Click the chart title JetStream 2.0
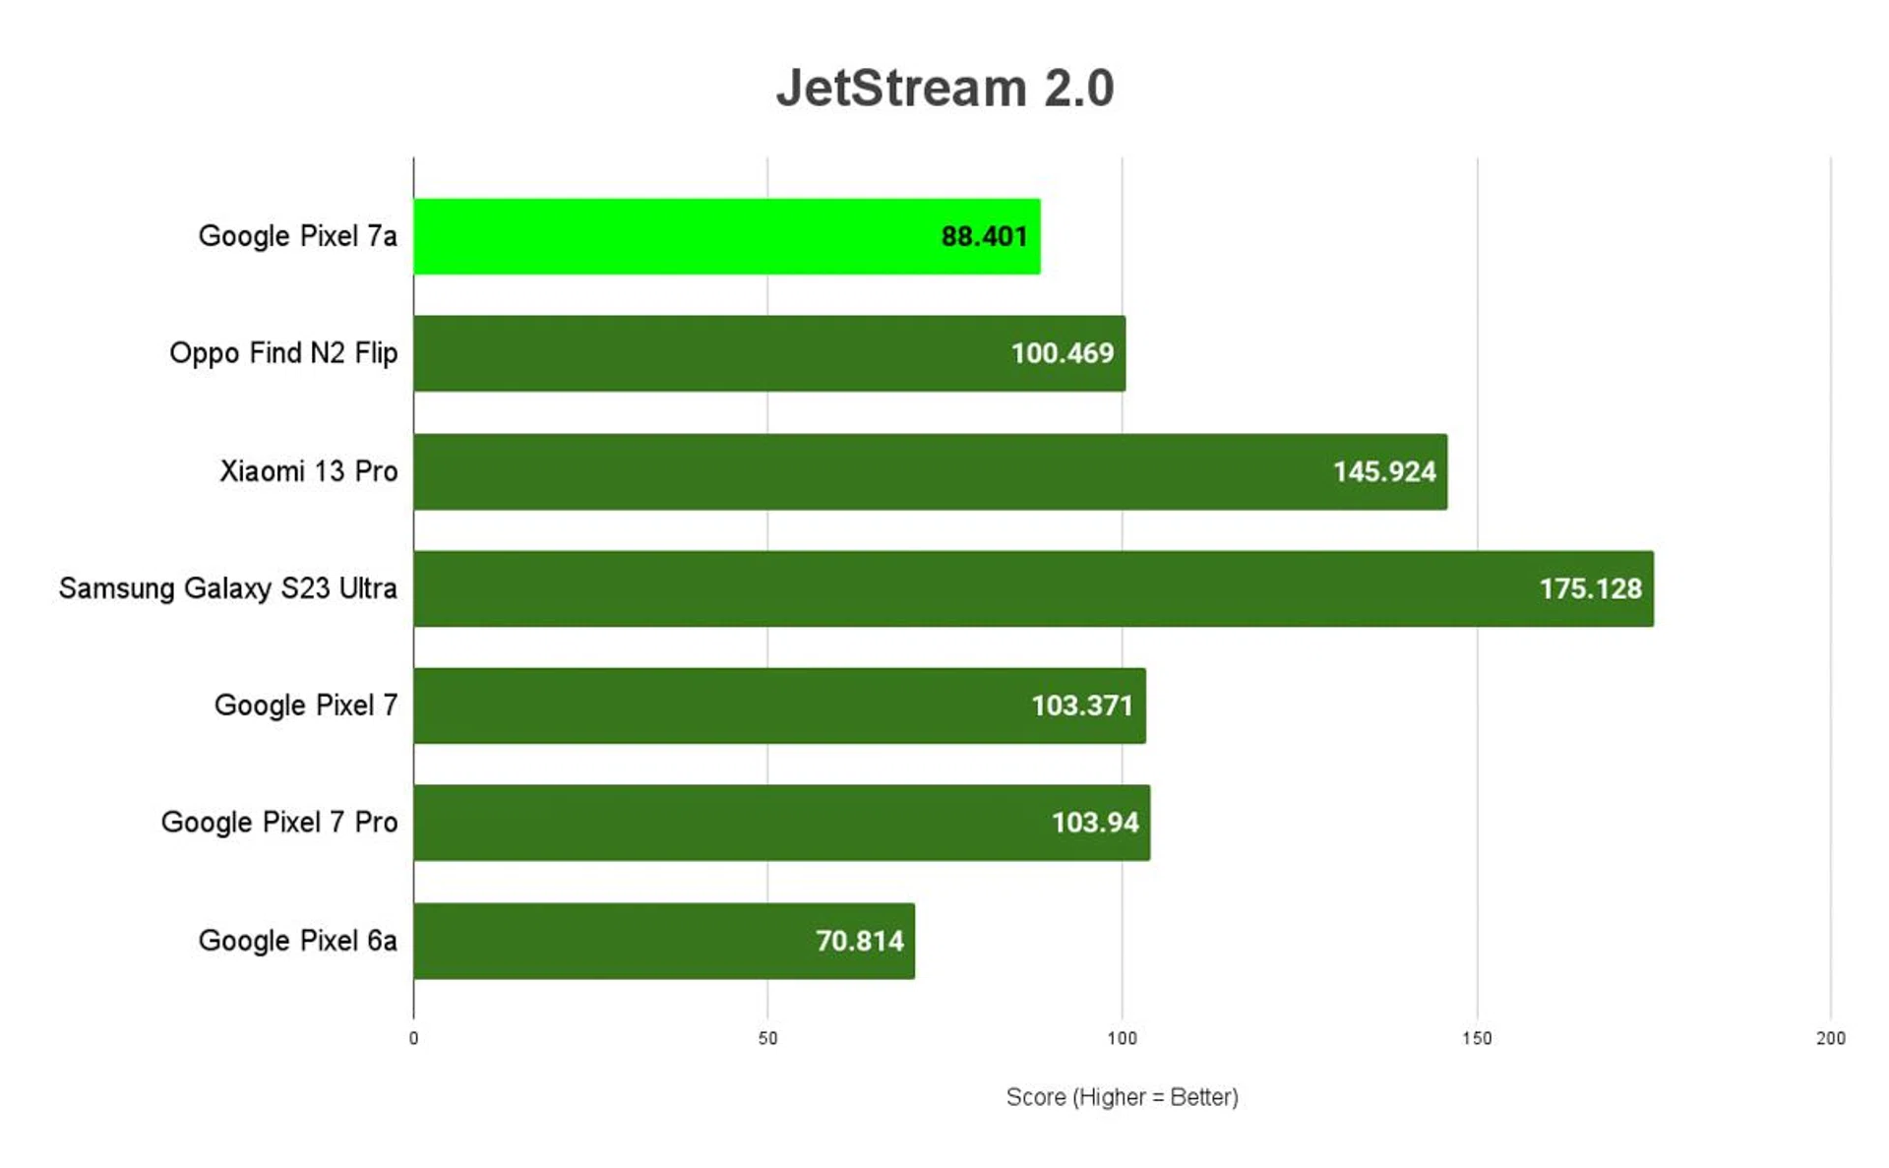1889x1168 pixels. click(x=944, y=88)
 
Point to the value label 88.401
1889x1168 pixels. click(x=984, y=236)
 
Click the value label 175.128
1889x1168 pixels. click(x=1590, y=588)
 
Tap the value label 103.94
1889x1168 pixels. click(x=1094, y=823)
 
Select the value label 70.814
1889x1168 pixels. click(x=859, y=941)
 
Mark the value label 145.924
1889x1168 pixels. click(x=1383, y=471)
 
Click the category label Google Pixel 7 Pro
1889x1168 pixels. click(x=279, y=823)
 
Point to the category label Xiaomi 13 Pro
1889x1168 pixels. click(x=308, y=471)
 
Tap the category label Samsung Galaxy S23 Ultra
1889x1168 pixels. click(x=228, y=588)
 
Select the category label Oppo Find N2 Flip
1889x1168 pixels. click(x=283, y=353)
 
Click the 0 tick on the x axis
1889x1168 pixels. click(x=413, y=1038)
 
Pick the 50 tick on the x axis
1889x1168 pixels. click(x=767, y=1038)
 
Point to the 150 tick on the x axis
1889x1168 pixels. click(x=1476, y=1038)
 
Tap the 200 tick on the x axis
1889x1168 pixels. click(x=1830, y=1038)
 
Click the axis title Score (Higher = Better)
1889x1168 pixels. click(x=1122, y=1097)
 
